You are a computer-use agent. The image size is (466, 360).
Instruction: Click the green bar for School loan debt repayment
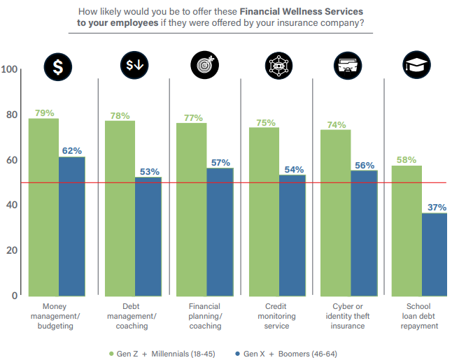[x=406, y=230]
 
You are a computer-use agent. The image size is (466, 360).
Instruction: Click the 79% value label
[x=44, y=113]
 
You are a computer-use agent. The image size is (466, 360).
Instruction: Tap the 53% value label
[x=149, y=171]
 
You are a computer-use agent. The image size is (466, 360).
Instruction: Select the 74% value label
[x=336, y=124]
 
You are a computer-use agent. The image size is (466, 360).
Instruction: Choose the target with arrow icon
[x=204, y=65]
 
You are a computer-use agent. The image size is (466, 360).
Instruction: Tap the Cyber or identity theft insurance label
[x=348, y=316]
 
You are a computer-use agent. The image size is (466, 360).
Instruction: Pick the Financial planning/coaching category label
[x=204, y=316]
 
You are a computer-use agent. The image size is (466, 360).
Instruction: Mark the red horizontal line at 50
[x=238, y=183]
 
